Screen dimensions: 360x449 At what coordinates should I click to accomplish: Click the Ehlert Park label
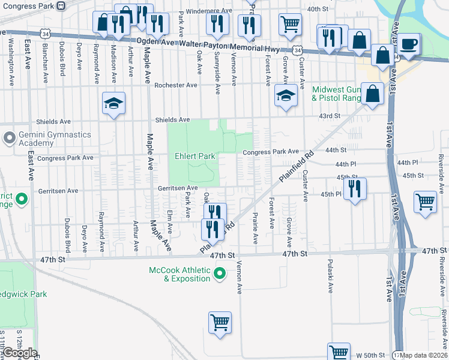click(194, 156)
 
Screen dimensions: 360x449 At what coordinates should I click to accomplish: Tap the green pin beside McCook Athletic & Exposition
click(220, 274)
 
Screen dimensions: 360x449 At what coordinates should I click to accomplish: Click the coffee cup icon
click(409, 44)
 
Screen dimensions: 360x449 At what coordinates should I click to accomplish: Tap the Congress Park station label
click(29, 5)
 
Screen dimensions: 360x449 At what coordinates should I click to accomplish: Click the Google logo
click(19, 353)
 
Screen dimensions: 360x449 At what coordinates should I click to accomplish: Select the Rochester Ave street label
click(175, 85)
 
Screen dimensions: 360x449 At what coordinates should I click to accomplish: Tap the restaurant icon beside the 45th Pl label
click(354, 188)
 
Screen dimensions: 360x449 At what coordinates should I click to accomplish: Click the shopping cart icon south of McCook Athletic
click(220, 321)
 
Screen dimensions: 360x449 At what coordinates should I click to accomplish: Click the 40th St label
click(318, 10)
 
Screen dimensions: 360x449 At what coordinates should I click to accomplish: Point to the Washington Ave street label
click(11, 61)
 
